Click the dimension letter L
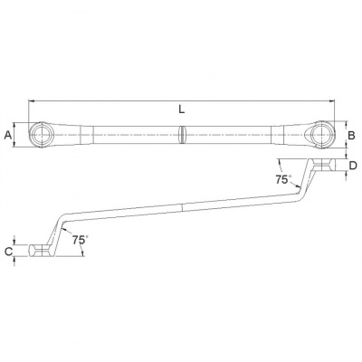coord(181,110)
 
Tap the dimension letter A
coord(8,135)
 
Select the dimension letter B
coord(351,136)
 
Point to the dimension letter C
coord(9,251)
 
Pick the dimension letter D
coord(353,166)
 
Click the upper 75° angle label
coord(282,179)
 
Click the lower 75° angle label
coord(80,240)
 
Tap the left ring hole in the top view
coord(42,135)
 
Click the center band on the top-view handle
coord(182,135)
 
